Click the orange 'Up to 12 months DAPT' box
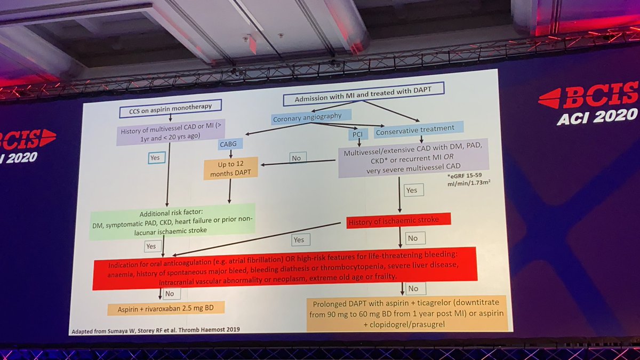click(x=231, y=168)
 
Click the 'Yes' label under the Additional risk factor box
click(x=150, y=246)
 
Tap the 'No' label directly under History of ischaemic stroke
click(x=413, y=238)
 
